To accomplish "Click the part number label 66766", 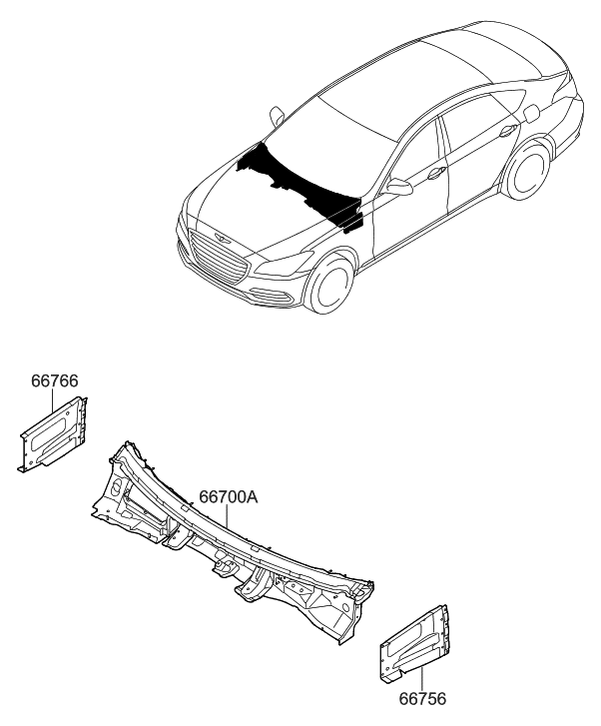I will [55, 380].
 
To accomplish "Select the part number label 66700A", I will [229, 496].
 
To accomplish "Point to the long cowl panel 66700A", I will [230, 539].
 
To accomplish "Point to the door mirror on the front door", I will [399, 187].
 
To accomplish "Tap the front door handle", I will [437, 174].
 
